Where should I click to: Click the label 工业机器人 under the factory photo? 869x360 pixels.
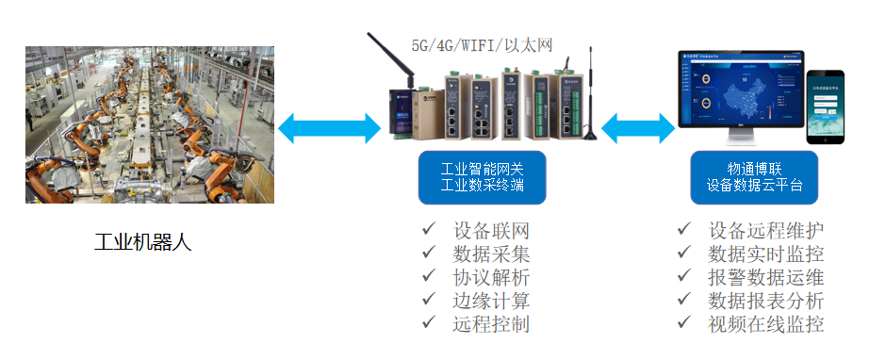pos(142,241)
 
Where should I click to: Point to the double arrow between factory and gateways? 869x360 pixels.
pos(329,128)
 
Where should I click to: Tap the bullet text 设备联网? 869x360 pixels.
pos(491,230)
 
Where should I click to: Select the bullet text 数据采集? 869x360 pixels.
pos(491,254)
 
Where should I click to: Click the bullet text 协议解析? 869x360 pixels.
pos(491,277)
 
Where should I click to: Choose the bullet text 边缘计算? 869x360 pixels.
pos(491,301)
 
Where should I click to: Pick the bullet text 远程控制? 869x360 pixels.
pos(491,324)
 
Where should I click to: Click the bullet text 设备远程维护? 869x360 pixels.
pos(765,230)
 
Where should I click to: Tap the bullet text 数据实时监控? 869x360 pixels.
pos(765,254)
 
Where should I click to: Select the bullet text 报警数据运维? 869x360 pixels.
pos(765,277)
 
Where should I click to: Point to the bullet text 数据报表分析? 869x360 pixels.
pos(765,301)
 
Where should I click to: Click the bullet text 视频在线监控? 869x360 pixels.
pos(765,324)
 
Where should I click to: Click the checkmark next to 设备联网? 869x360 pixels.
pos(429,228)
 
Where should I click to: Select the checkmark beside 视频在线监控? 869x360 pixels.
pos(685,322)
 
